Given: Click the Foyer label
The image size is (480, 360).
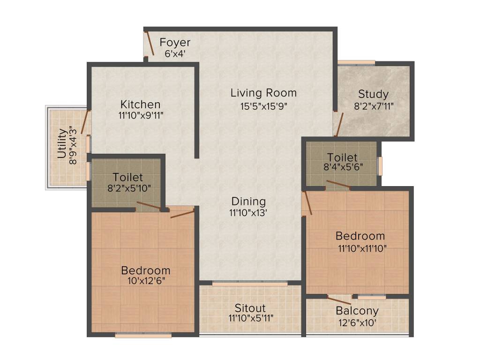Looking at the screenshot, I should point(175,43).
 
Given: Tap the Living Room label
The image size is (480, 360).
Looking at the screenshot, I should point(263,93).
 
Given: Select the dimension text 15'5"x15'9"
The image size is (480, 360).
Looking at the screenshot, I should point(263,106).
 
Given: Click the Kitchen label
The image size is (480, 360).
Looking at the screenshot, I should point(140,104).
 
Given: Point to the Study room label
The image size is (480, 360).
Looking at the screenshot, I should point(373,93).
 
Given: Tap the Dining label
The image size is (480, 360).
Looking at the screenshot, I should point(248,202).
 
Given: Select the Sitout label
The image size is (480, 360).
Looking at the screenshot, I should point(250,308).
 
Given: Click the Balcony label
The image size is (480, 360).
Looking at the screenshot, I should point(357,311).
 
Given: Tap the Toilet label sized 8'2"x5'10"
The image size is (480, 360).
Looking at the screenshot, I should point(127,177).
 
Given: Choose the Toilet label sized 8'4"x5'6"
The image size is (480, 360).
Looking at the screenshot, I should point(342,157).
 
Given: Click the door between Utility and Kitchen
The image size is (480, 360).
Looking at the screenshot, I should point(85,122).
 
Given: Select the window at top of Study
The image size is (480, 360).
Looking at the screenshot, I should point(356,62).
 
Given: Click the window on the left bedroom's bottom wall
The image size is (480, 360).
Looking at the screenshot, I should point(143,335).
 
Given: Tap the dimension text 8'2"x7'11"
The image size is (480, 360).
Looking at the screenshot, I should point(373,106).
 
